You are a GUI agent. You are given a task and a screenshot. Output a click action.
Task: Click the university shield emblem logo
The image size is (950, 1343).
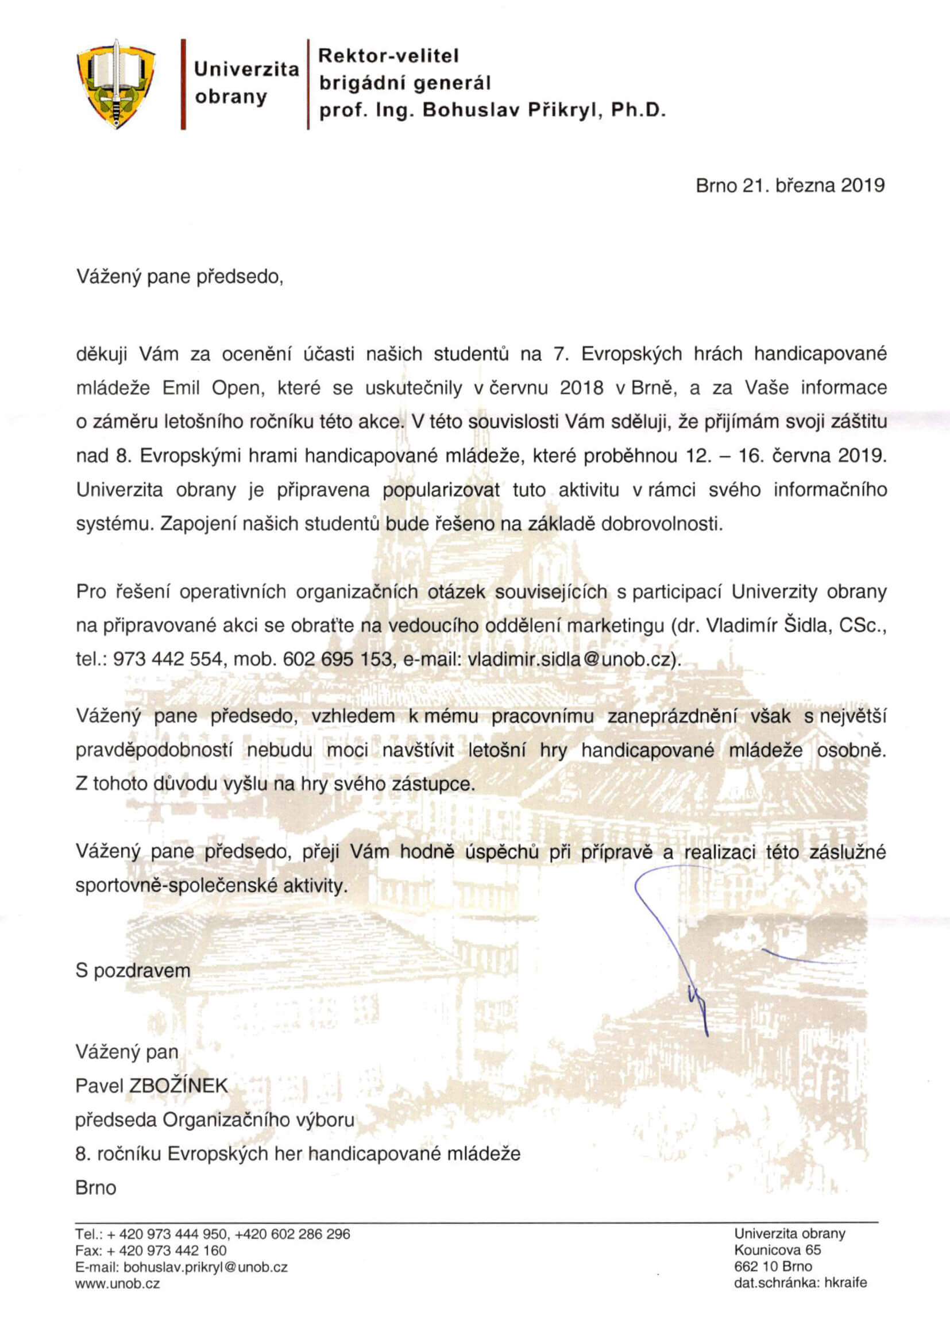point(116,84)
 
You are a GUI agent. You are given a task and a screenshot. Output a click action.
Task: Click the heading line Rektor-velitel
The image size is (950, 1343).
point(388,56)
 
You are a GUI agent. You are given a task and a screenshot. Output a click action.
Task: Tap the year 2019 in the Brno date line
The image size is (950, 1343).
point(862,186)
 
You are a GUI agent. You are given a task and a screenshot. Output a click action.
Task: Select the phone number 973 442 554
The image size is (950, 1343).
point(167,659)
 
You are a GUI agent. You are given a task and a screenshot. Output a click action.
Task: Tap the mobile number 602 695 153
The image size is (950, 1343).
point(337,659)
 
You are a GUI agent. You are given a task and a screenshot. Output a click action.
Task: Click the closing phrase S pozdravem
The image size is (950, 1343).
point(133,971)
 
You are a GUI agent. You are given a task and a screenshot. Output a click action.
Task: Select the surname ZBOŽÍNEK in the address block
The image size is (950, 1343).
point(178,1086)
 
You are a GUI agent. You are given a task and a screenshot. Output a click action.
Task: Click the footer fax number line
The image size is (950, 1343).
point(151,1251)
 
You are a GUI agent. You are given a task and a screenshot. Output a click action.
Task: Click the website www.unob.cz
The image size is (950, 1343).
point(118,1283)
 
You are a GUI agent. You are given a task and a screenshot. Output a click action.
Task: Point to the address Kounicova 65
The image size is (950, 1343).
point(778,1250)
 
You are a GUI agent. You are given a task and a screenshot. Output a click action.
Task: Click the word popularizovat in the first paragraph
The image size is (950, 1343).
point(441,489)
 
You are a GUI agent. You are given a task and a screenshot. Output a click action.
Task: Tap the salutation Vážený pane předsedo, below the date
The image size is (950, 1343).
point(180,277)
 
